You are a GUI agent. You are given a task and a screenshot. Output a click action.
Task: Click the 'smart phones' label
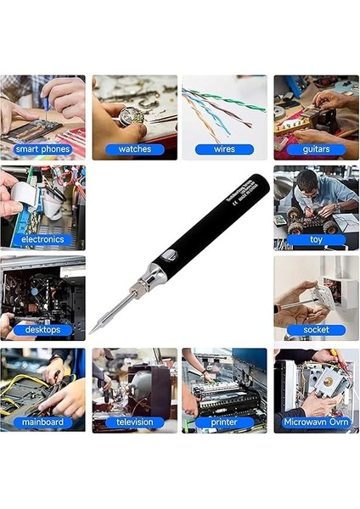click(x=43, y=149)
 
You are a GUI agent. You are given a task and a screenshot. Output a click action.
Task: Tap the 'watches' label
click(x=134, y=149)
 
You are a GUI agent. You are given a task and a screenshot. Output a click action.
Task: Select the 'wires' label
click(x=224, y=149)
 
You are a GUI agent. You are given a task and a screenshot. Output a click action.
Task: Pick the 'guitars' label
click(x=316, y=149)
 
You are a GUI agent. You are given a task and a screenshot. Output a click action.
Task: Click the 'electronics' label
click(x=43, y=239)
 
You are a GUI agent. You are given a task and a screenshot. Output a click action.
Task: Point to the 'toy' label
click(x=316, y=239)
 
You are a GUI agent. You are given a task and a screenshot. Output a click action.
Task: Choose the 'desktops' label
click(x=43, y=329)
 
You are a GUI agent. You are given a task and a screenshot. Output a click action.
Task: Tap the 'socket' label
click(x=316, y=329)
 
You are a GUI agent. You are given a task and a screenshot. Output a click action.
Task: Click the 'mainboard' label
click(x=43, y=422)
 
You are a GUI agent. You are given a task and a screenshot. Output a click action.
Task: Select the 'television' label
click(x=134, y=422)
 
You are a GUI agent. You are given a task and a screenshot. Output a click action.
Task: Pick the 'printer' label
click(x=224, y=422)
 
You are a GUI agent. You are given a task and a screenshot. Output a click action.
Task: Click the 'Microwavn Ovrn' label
click(x=316, y=422)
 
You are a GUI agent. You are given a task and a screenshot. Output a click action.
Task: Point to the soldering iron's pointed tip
click(x=95, y=330)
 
